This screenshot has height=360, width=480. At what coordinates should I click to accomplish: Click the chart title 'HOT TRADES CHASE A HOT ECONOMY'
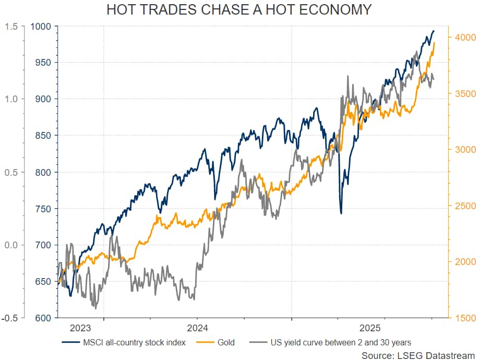(239, 10)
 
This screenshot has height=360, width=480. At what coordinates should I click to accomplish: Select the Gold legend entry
(225, 343)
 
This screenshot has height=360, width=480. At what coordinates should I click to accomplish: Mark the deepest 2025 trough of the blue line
(341, 213)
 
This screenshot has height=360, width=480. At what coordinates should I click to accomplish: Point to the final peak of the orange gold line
(434, 43)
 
